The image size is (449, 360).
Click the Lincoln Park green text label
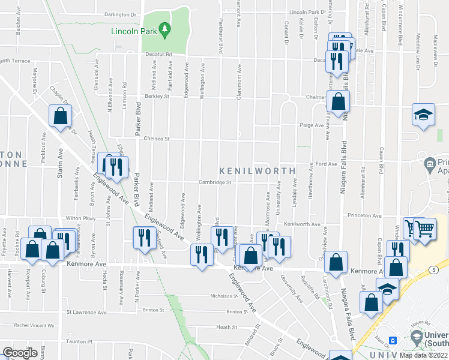135,31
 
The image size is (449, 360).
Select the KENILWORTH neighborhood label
257,171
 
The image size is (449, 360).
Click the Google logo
20,353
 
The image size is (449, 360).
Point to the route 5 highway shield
433,270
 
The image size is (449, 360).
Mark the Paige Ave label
312,125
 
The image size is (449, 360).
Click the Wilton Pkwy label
80,218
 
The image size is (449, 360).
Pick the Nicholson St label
224,296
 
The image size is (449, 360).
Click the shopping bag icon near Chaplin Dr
61,115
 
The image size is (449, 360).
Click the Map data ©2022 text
424,355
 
